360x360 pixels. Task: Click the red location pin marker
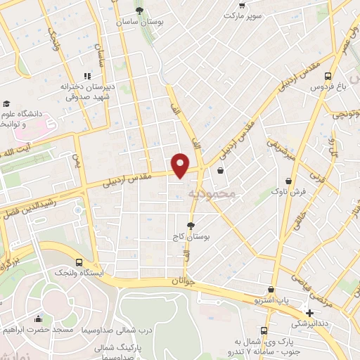pos(181,165)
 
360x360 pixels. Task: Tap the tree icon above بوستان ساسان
pos(140,10)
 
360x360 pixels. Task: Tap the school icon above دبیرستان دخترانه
pos(87,75)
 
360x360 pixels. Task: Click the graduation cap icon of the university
pos(6,103)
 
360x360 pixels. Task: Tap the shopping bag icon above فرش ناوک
pos(283,176)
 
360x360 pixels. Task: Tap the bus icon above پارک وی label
pos(264,330)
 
